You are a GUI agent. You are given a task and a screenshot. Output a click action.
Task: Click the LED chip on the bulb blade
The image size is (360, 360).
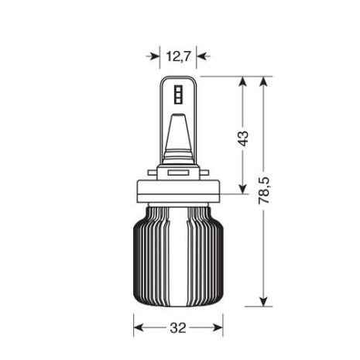coord(179,94)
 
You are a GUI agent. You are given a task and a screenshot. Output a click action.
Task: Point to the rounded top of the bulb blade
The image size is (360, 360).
coord(179,79)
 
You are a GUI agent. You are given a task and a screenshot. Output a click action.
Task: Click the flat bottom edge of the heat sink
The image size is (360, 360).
coord(179,303)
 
